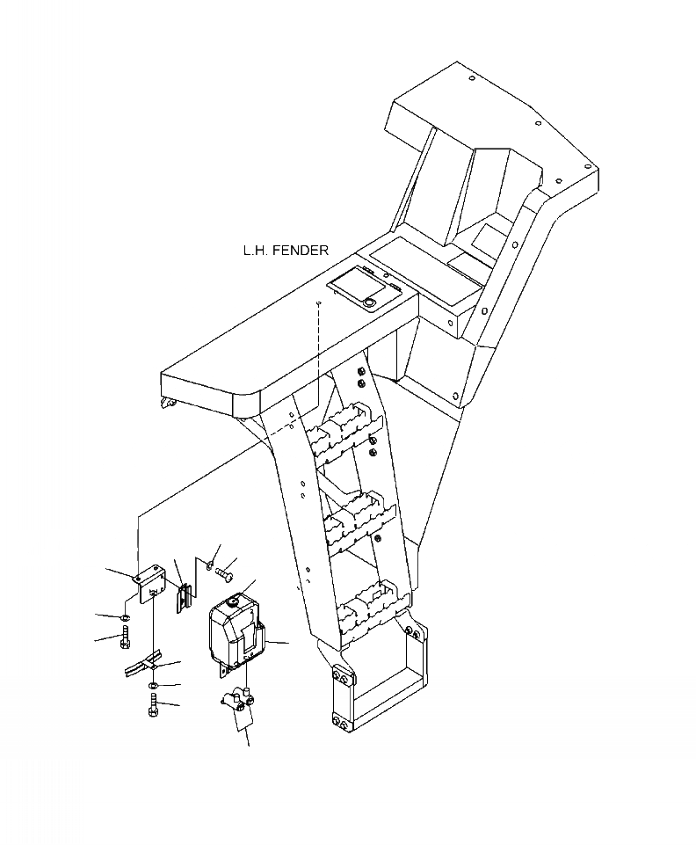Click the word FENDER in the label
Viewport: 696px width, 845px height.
click(300, 251)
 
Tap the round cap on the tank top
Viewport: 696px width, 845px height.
click(234, 601)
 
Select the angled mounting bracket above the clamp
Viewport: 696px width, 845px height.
click(149, 580)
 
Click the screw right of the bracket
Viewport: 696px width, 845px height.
click(224, 572)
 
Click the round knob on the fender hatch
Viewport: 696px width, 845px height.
click(369, 302)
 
